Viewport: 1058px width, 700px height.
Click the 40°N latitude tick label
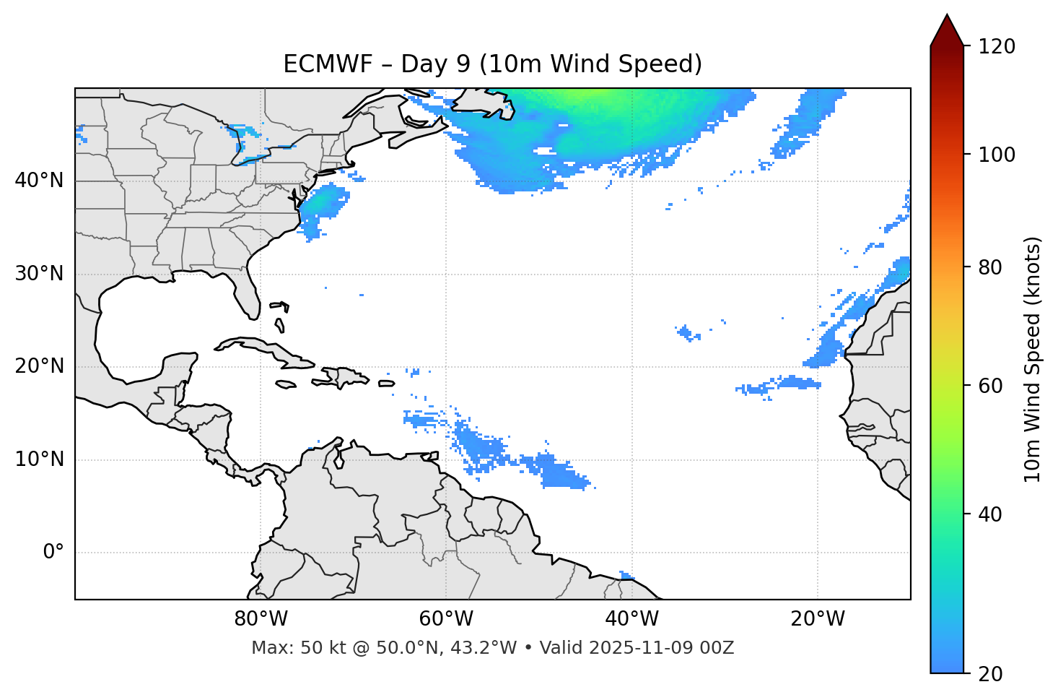[x=39, y=181]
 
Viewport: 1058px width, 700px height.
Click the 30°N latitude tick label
[x=39, y=274]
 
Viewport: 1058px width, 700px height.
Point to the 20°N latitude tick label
[x=39, y=366]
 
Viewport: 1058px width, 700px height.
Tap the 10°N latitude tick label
[x=39, y=459]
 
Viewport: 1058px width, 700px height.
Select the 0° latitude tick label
[x=53, y=553]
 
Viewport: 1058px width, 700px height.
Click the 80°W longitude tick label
[x=261, y=619]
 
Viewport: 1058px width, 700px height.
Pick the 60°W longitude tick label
[x=446, y=619]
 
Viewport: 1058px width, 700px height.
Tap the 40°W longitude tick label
[x=632, y=619]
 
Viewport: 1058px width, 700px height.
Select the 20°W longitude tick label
[x=818, y=619]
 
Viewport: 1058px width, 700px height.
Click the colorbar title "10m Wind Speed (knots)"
[x=1033, y=359]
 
